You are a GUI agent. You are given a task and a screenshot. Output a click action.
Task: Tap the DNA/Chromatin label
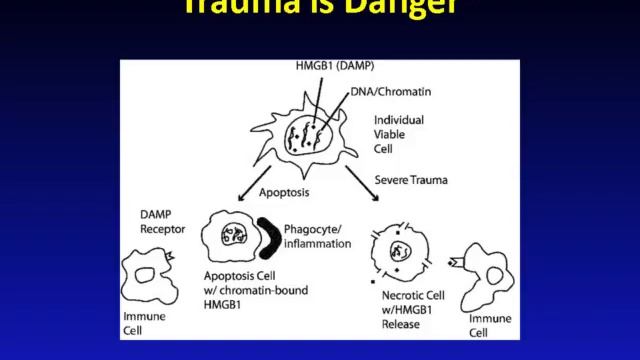point(389,92)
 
